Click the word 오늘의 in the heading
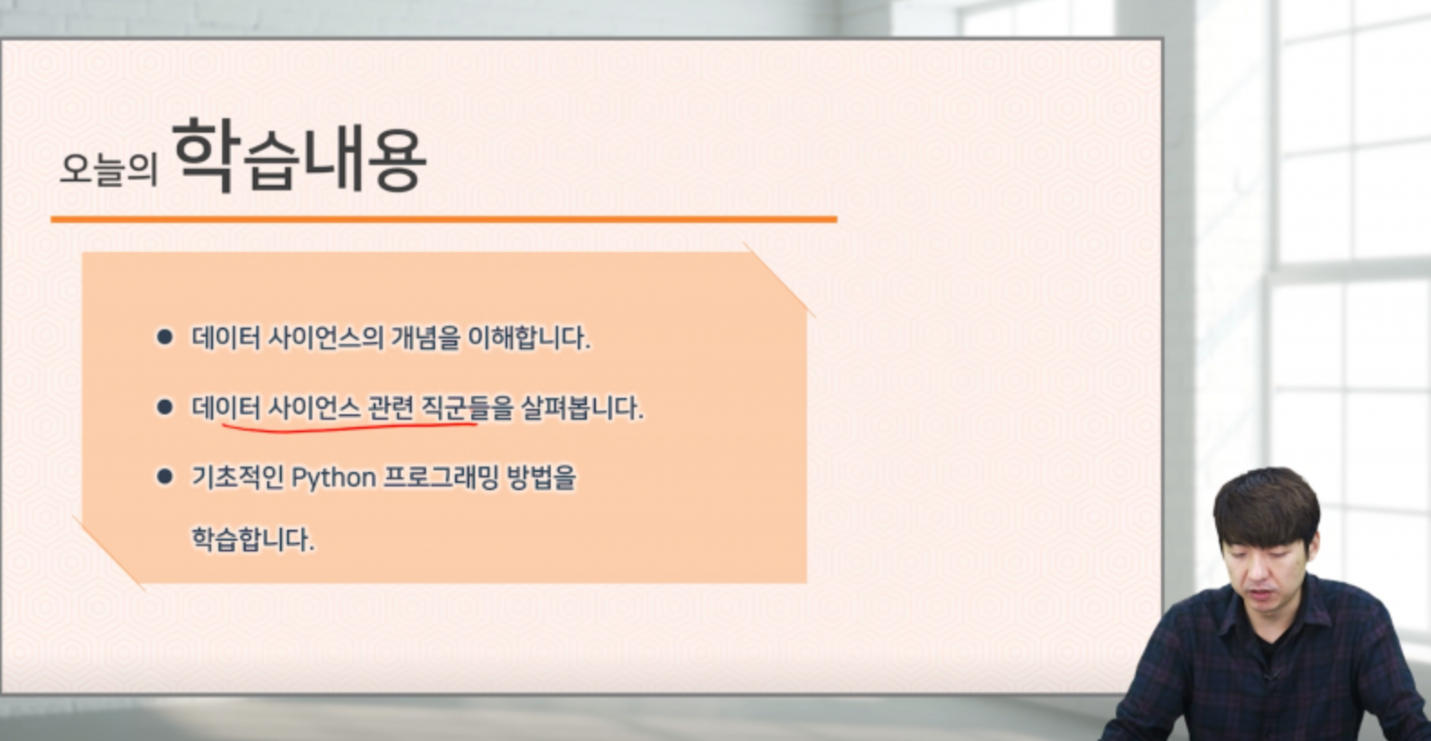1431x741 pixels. pos(108,169)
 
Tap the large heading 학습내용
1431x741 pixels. pos(299,155)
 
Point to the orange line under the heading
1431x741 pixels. pos(444,219)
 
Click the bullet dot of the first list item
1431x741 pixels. pos(165,337)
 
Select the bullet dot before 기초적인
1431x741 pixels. pos(165,477)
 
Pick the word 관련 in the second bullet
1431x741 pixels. pos(391,408)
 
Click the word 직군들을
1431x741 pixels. pos(467,408)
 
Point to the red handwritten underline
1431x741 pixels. pos(350,427)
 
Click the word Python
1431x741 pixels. pos(333,477)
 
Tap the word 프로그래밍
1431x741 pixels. pos(440,477)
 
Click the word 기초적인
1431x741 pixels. pos(237,477)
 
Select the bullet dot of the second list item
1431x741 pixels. pos(165,407)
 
